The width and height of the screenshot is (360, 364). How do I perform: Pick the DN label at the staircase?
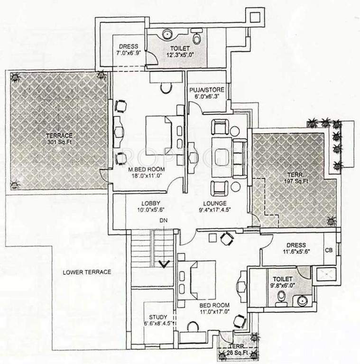(x=163, y=221)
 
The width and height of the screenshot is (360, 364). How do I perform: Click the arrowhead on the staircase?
(x=165, y=264)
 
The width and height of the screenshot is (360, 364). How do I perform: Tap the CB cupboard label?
(x=328, y=250)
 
